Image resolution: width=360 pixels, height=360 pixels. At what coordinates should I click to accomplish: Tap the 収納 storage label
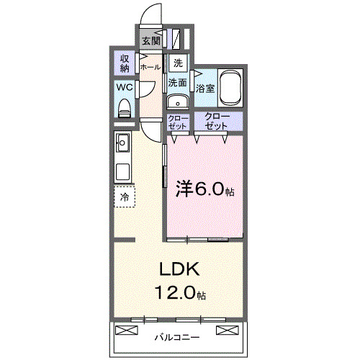click(x=125, y=63)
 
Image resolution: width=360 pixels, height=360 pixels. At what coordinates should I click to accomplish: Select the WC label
click(x=124, y=88)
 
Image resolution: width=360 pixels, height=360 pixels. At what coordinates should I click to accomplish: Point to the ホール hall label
click(x=150, y=67)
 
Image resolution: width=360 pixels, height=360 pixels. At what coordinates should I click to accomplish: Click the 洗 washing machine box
click(x=178, y=63)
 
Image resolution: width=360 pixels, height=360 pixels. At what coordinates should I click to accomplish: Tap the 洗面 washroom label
click(x=178, y=83)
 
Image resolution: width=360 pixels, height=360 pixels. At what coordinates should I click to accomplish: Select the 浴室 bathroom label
click(x=205, y=89)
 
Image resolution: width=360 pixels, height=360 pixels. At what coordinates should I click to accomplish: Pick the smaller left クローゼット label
click(x=177, y=122)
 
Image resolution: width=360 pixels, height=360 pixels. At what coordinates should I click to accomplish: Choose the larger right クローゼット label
click(x=217, y=121)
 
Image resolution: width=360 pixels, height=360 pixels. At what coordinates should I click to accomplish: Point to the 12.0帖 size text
click(x=179, y=294)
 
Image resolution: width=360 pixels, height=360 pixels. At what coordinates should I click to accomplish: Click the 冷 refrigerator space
click(x=125, y=197)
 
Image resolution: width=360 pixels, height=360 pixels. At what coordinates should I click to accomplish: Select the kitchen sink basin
click(x=122, y=143)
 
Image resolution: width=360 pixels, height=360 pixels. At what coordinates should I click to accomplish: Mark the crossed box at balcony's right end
click(x=227, y=330)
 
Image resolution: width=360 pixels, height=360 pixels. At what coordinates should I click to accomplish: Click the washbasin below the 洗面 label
click(x=178, y=102)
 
